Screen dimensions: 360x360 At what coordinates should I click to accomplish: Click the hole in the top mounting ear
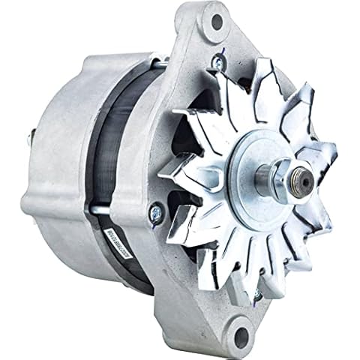tap(217, 22)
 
